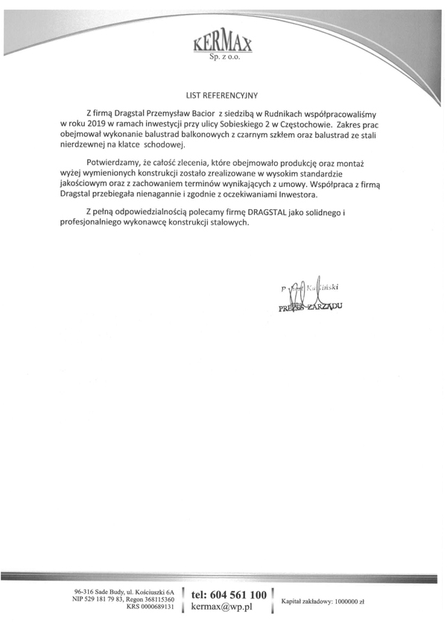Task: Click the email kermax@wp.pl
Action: tap(223, 607)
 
